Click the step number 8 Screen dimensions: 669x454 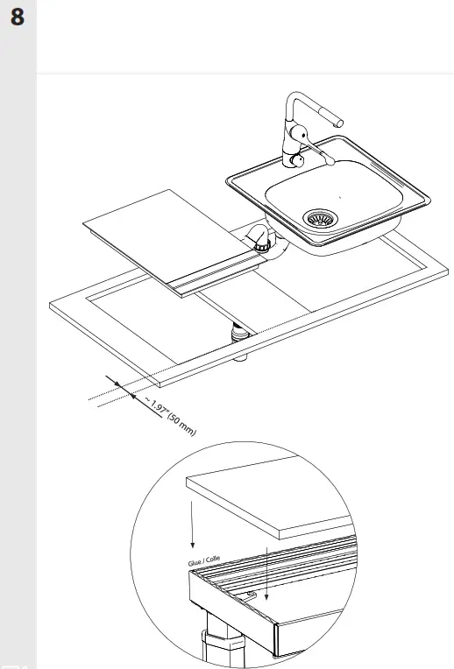(x=18, y=18)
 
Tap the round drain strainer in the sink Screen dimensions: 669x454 (x=318, y=219)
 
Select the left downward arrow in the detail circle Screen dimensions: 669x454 (x=188, y=525)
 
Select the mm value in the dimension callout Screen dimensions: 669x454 (x=183, y=426)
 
